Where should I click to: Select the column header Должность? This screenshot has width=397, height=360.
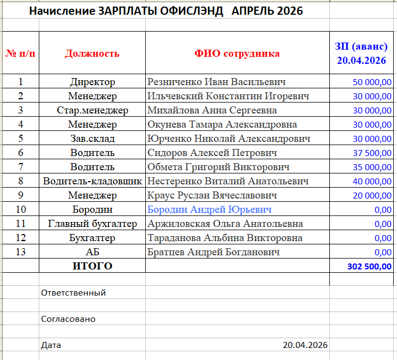92,53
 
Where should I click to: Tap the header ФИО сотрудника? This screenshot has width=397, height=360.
237,53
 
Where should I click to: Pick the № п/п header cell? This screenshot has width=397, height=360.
21,53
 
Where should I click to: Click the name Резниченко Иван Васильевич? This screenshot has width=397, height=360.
217,82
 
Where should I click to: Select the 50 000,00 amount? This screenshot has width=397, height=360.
372,82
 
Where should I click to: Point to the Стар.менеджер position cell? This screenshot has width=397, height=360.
92,111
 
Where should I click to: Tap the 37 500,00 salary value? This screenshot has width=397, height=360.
372,153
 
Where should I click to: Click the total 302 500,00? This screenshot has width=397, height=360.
369,267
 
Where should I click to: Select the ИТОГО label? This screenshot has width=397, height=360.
92,266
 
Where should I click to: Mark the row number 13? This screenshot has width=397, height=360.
21,252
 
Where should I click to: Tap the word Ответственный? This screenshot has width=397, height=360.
73,293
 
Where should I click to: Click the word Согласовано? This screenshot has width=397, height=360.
68,319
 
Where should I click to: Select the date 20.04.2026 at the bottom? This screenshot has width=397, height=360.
305,345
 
